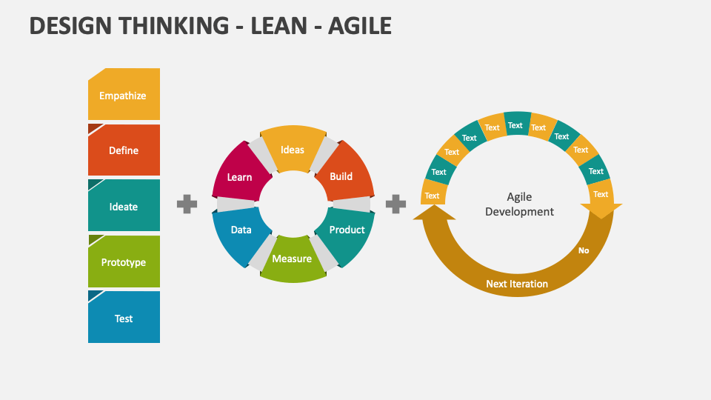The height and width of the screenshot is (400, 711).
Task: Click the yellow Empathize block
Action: tap(124, 94)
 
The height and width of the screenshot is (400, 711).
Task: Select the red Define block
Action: tap(124, 150)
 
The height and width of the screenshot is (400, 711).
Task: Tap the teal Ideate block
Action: tap(124, 205)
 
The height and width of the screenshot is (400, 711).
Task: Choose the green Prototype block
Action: tap(124, 261)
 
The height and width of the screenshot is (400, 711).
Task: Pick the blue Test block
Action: tap(124, 317)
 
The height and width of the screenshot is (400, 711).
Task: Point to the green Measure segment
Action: tap(293, 259)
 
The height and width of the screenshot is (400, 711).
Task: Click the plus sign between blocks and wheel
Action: tap(187, 204)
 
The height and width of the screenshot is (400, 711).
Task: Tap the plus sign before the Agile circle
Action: tap(395, 204)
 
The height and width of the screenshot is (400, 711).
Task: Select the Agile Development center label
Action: tap(519, 204)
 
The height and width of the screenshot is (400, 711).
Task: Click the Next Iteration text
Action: tap(517, 284)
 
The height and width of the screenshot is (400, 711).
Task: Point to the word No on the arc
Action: tap(584, 250)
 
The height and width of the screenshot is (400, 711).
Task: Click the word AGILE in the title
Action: tap(360, 26)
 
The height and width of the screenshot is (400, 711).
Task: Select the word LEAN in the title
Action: tap(278, 26)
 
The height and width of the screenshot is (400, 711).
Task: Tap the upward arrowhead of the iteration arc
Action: tap(434, 213)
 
